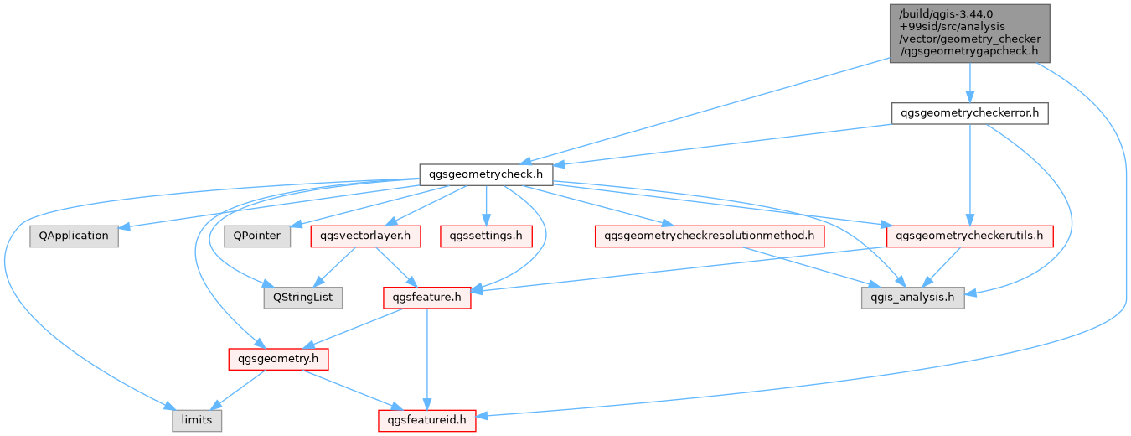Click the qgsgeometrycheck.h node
486,174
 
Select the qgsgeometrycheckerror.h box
969,113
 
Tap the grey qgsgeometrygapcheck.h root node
969,34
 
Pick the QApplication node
74,236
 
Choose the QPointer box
257,236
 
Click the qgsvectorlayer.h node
365,236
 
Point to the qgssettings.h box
486,236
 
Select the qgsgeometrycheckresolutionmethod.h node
710,236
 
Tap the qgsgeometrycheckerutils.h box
969,236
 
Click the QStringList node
303,298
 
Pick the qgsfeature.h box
427,298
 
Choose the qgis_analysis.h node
913,298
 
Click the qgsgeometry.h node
278,359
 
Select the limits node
197,420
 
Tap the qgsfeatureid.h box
427,420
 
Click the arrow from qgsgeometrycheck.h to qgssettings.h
486,205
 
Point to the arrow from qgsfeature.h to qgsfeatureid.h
427,359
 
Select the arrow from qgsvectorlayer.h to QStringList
334,267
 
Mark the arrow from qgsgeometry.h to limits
237,390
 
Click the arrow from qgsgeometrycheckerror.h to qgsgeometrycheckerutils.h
969,174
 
